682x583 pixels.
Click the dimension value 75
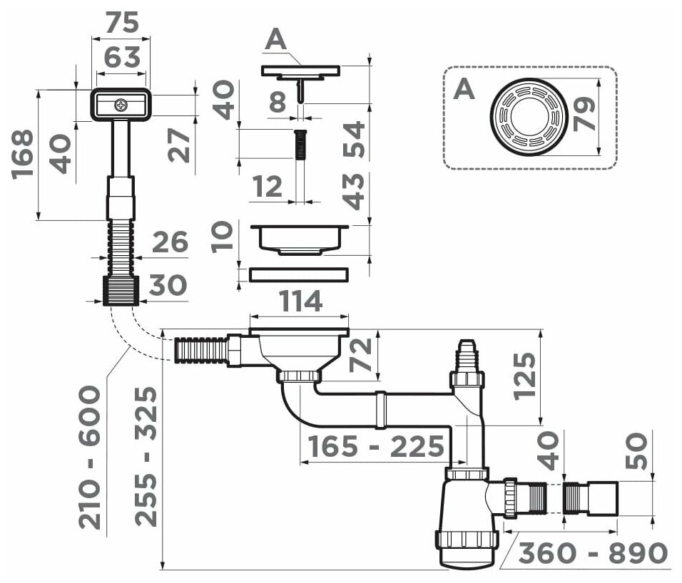coord(121,23)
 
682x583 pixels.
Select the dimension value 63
coord(121,57)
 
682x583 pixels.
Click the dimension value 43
coord(353,191)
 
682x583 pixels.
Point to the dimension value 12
coord(268,188)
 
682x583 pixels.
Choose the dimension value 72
coord(362,356)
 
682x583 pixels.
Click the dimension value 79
coord(584,115)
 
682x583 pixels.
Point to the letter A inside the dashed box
coord(464,90)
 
